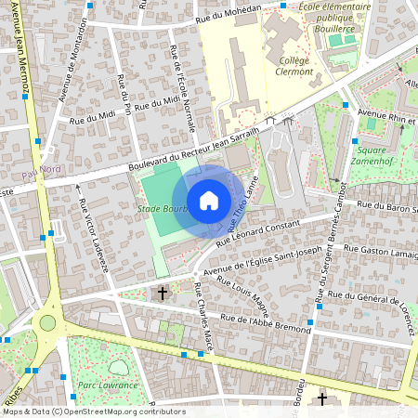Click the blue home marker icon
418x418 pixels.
tap(209, 201)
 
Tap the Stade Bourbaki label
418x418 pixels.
tap(162, 209)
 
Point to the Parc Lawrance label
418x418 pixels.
tap(103, 384)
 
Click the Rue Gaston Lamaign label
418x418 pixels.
tap(380, 253)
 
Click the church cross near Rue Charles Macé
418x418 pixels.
tap(163, 294)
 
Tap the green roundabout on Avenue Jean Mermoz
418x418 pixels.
tap(46, 323)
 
